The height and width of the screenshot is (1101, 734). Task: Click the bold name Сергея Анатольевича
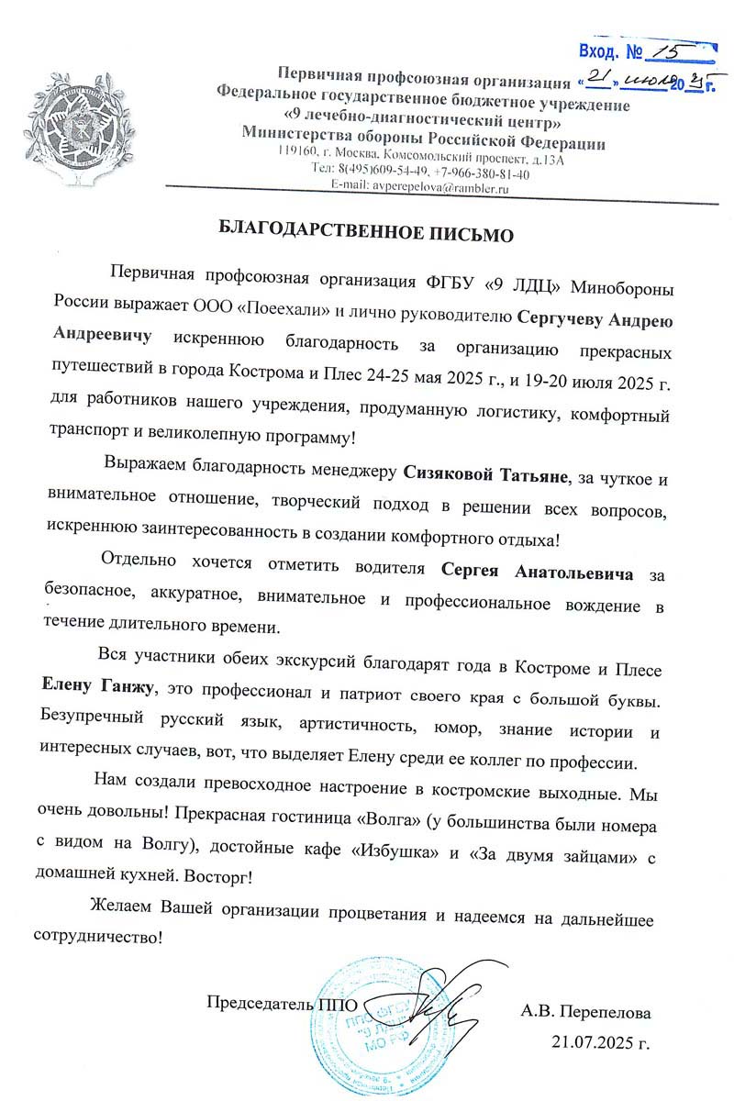[x=538, y=574]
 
